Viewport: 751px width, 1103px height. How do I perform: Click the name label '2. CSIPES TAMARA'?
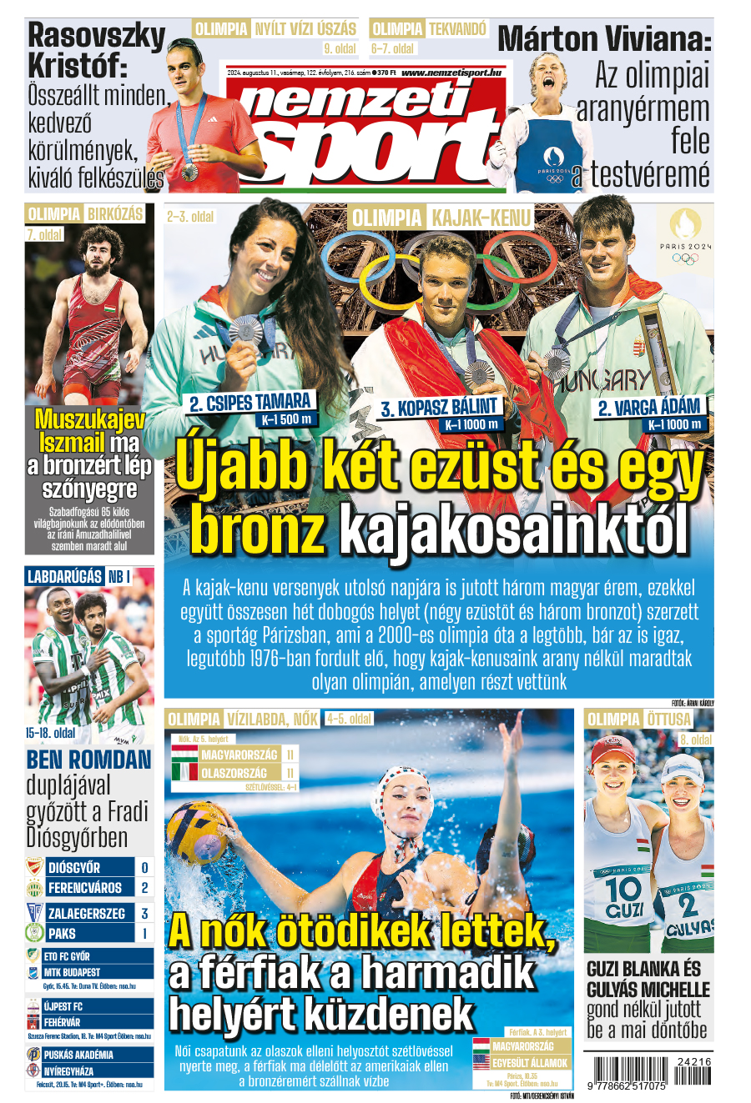[250, 403]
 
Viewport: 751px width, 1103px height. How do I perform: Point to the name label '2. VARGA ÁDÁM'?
[649, 408]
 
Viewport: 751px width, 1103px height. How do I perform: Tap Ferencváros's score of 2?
[144, 888]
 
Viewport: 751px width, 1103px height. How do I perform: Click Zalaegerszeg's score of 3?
[144, 914]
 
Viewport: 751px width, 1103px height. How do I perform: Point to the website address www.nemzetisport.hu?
[451, 73]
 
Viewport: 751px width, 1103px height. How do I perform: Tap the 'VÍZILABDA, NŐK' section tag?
[272, 719]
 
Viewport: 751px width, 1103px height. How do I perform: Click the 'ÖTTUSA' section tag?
[668, 719]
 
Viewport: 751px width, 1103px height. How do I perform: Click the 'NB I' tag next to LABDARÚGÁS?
[118, 576]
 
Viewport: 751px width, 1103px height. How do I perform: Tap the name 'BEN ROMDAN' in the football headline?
[88, 760]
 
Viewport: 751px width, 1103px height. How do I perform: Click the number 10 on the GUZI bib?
[623, 887]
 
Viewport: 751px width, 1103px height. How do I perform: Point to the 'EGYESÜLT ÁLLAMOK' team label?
[529, 1063]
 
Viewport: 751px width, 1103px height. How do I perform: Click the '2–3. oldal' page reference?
[190, 217]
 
